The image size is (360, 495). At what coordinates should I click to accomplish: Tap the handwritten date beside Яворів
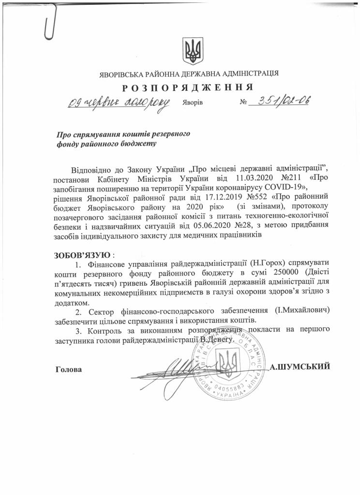pos(118,102)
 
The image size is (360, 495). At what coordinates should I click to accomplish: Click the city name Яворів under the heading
pos(193,103)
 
